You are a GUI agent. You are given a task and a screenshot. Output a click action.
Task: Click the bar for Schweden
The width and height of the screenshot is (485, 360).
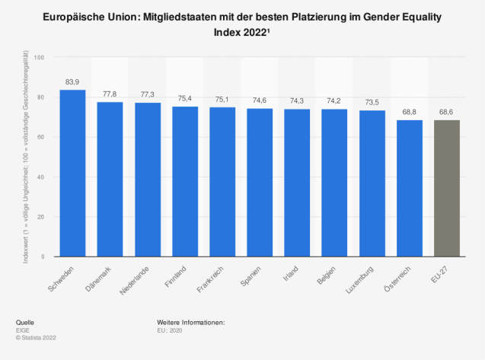(x=72, y=174)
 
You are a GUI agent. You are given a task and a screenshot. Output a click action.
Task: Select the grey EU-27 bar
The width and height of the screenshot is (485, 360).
(x=446, y=188)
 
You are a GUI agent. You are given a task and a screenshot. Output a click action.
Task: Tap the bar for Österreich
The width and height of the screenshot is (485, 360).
(x=409, y=188)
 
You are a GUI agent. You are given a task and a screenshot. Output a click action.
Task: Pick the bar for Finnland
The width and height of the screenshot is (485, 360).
(x=185, y=182)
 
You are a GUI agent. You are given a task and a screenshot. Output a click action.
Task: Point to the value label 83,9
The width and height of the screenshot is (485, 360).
(x=72, y=81)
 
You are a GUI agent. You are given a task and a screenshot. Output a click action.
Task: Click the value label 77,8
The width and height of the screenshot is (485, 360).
(x=110, y=94)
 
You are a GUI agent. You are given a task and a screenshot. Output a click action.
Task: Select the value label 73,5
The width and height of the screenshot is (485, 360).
(x=372, y=102)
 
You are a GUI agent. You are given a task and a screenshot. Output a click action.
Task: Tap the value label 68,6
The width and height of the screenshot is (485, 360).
(x=446, y=112)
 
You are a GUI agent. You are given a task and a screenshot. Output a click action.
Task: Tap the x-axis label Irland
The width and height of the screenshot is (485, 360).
(x=290, y=274)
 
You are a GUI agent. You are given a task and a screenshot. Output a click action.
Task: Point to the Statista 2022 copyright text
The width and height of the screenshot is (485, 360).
(x=36, y=336)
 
